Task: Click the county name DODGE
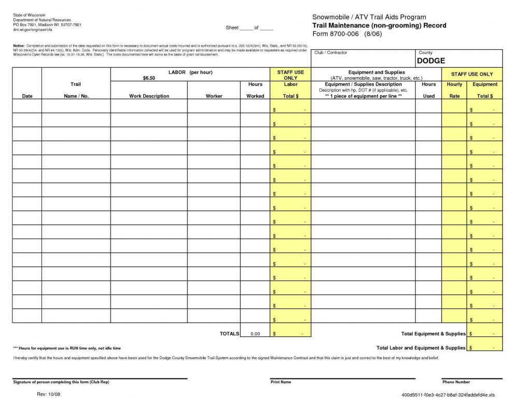[x=431, y=61]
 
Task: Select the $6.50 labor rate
[x=149, y=78]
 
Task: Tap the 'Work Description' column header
[x=149, y=96]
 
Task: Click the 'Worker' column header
[x=214, y=96]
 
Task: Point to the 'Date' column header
[x=27, y=96]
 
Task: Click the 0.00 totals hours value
[x=255, y=334]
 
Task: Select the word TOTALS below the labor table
[x=229, y=334]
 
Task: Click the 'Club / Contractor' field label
[x=330, y=53]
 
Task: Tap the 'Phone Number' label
[x=456, y=382]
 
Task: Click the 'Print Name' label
[x=281, y=382]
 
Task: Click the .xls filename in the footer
[x=448, y=395]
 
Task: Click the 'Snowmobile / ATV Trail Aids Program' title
[x=369, y=18]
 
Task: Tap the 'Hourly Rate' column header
[x=454, y=90]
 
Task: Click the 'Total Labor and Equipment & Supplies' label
[x=421, y=348]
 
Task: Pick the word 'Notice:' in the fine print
[x=19, y=46]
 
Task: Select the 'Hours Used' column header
[x=428, y=90]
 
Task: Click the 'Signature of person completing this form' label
[x=61, y=382]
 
